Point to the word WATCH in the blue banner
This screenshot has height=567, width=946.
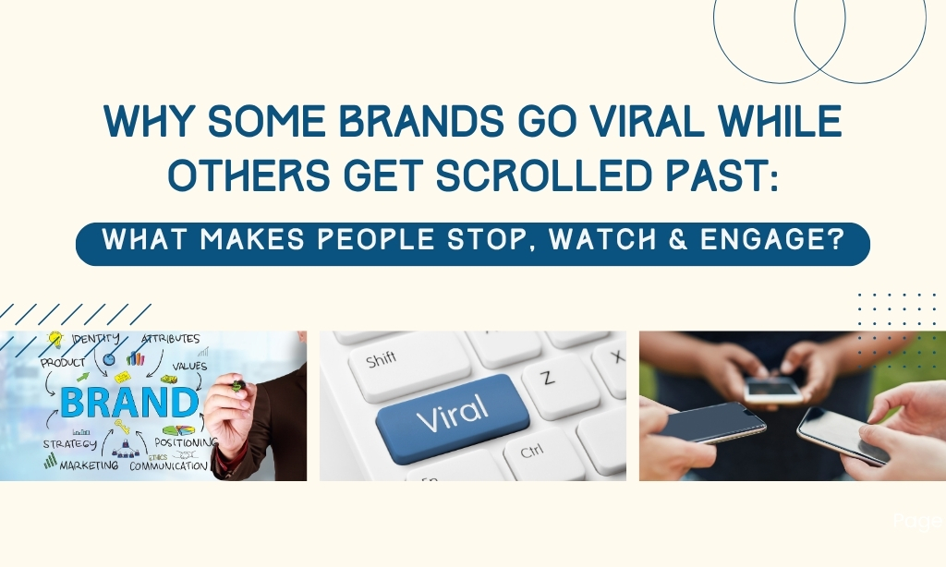click(602, 239)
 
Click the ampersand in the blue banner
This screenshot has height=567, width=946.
click(678, 239)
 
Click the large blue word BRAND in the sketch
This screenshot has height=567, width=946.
click(129, 403)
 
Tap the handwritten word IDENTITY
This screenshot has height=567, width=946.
click(95, 339)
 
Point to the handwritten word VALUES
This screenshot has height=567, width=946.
click(189, 366)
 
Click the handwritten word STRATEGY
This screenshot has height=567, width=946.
click(69, 444)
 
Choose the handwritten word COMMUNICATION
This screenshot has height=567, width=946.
click(168, 466)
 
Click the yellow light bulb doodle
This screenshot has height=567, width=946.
click(55, 340)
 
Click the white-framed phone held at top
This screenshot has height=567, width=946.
click(773, 391)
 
